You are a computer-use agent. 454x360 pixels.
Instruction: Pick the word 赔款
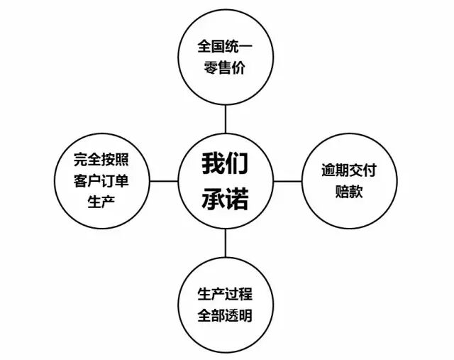pyautogui.click(x=348, y=192)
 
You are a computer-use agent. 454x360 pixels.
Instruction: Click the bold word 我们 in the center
pyautogui.click(x=226, y=165)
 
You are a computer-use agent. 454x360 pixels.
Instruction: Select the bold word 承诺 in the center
pyautogui.click(x=226, y=199)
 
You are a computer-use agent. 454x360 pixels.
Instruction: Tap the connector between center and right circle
pyautogui.click(x=287, y=181)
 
